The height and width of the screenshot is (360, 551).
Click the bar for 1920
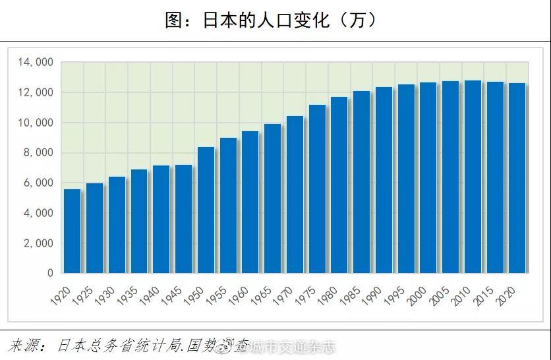(x=72, y=231)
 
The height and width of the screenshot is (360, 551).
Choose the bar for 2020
(x=517, y=178)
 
